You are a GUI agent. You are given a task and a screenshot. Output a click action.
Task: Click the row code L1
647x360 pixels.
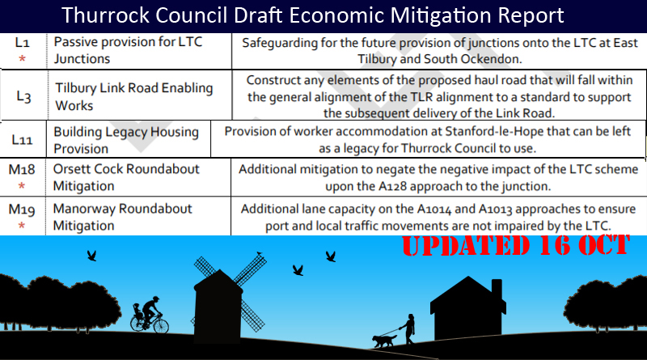[x=22, y=43]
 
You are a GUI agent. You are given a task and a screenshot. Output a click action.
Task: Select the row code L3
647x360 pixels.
[x=23, y=96]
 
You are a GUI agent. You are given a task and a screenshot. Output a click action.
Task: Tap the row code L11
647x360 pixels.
[x=22, y=140]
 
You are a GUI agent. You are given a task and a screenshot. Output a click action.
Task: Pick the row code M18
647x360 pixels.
[x=22, y=169]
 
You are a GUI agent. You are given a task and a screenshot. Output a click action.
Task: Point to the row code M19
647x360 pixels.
[x=22, y=210]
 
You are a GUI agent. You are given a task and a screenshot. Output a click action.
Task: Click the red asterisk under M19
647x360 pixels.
[x=22, y=226]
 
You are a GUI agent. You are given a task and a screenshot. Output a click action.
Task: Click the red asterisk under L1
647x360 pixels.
[x=23, y=58]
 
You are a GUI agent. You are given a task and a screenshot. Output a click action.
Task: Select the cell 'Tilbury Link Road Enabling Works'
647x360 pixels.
[x=134, y=96]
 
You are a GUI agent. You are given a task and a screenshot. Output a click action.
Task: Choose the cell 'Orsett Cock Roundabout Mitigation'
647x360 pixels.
[x=126, y=177]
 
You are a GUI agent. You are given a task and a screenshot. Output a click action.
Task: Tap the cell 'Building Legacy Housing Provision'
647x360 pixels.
[x=126, y=140]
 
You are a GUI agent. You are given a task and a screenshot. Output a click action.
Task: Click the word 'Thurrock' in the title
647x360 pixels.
[x=106, y=15]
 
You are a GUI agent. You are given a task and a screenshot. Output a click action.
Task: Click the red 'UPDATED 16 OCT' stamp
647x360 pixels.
[x=516, y=245]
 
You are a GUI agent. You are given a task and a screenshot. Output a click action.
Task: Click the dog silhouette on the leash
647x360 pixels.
[x=384, y=341]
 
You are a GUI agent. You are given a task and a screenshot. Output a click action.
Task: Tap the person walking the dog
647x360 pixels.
[x=408, y=329]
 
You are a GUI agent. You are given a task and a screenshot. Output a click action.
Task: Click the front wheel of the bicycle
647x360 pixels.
[x=161, y=325]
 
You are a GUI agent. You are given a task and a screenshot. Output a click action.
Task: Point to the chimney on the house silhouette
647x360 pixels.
[x=497, y=290]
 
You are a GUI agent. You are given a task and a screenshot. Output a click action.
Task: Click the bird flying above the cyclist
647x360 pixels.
[x=91, y=256]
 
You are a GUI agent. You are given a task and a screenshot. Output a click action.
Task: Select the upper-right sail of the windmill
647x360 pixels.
[x=251, y=269]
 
